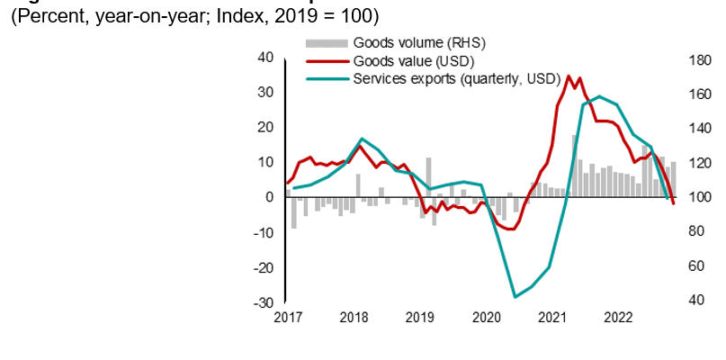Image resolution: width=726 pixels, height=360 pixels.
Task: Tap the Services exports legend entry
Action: [457, 78]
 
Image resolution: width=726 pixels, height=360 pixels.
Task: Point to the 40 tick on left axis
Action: [265, 57]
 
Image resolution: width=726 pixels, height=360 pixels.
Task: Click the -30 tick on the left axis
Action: [264, 302]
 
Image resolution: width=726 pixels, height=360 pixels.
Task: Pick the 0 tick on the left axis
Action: [269, 197]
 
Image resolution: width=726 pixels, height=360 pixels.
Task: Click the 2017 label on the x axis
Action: [288, 318]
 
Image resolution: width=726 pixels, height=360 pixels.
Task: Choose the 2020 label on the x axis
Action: [486, 318]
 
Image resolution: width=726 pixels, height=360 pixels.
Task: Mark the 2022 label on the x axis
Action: [618, 318]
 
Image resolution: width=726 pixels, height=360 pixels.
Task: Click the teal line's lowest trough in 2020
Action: [515, 297]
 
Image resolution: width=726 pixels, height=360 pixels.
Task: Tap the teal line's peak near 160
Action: [600, 96]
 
